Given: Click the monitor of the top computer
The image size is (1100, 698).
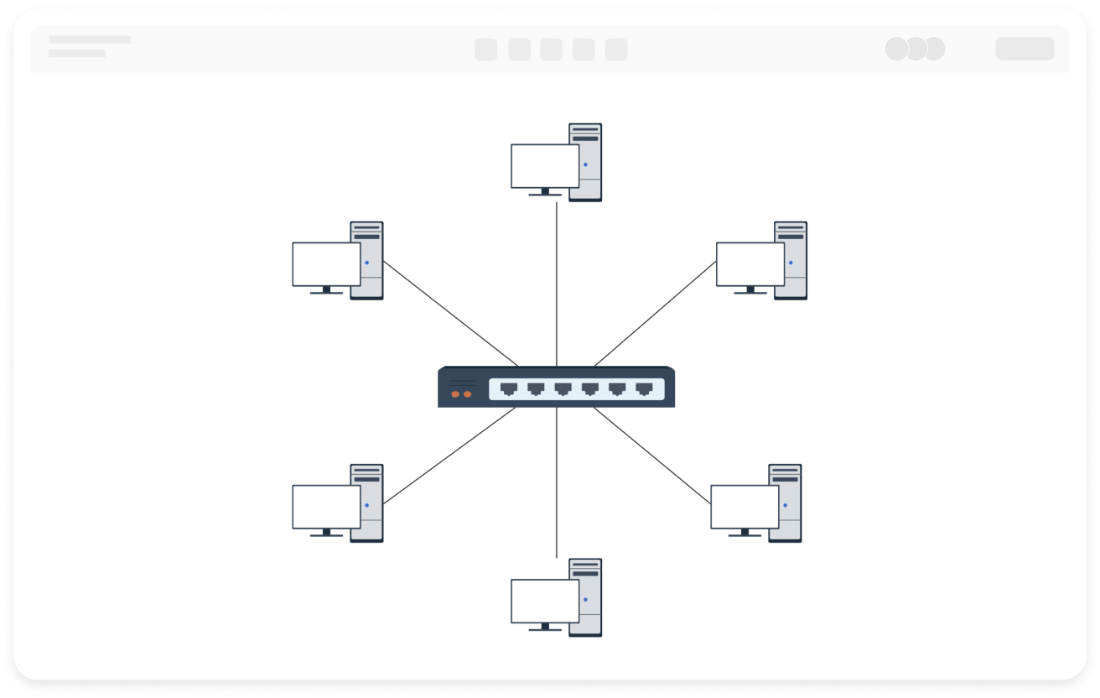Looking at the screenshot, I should (545, 165).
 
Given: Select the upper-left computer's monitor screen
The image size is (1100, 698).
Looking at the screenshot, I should (326, 264).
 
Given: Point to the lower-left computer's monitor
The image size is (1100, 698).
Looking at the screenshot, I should (326, 507).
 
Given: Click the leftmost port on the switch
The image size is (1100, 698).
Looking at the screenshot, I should (509, 388).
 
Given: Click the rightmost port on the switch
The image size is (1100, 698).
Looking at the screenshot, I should (644, 388).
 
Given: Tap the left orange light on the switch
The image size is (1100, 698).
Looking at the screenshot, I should (455, 393).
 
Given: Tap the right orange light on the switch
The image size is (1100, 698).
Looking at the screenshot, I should (468, 393).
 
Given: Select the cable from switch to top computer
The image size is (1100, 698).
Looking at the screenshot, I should (557, 285).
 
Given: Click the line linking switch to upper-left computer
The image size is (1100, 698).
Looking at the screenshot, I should (450, 314).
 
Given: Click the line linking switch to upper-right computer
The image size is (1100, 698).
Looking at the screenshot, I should (656, 314).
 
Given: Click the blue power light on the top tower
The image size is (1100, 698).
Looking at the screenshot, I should (585, 164).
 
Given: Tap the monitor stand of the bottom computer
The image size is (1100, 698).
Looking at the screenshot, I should (545, 627).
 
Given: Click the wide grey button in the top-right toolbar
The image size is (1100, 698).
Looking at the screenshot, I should (1025, 49).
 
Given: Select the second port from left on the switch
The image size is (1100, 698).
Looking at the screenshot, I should (536, 388).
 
